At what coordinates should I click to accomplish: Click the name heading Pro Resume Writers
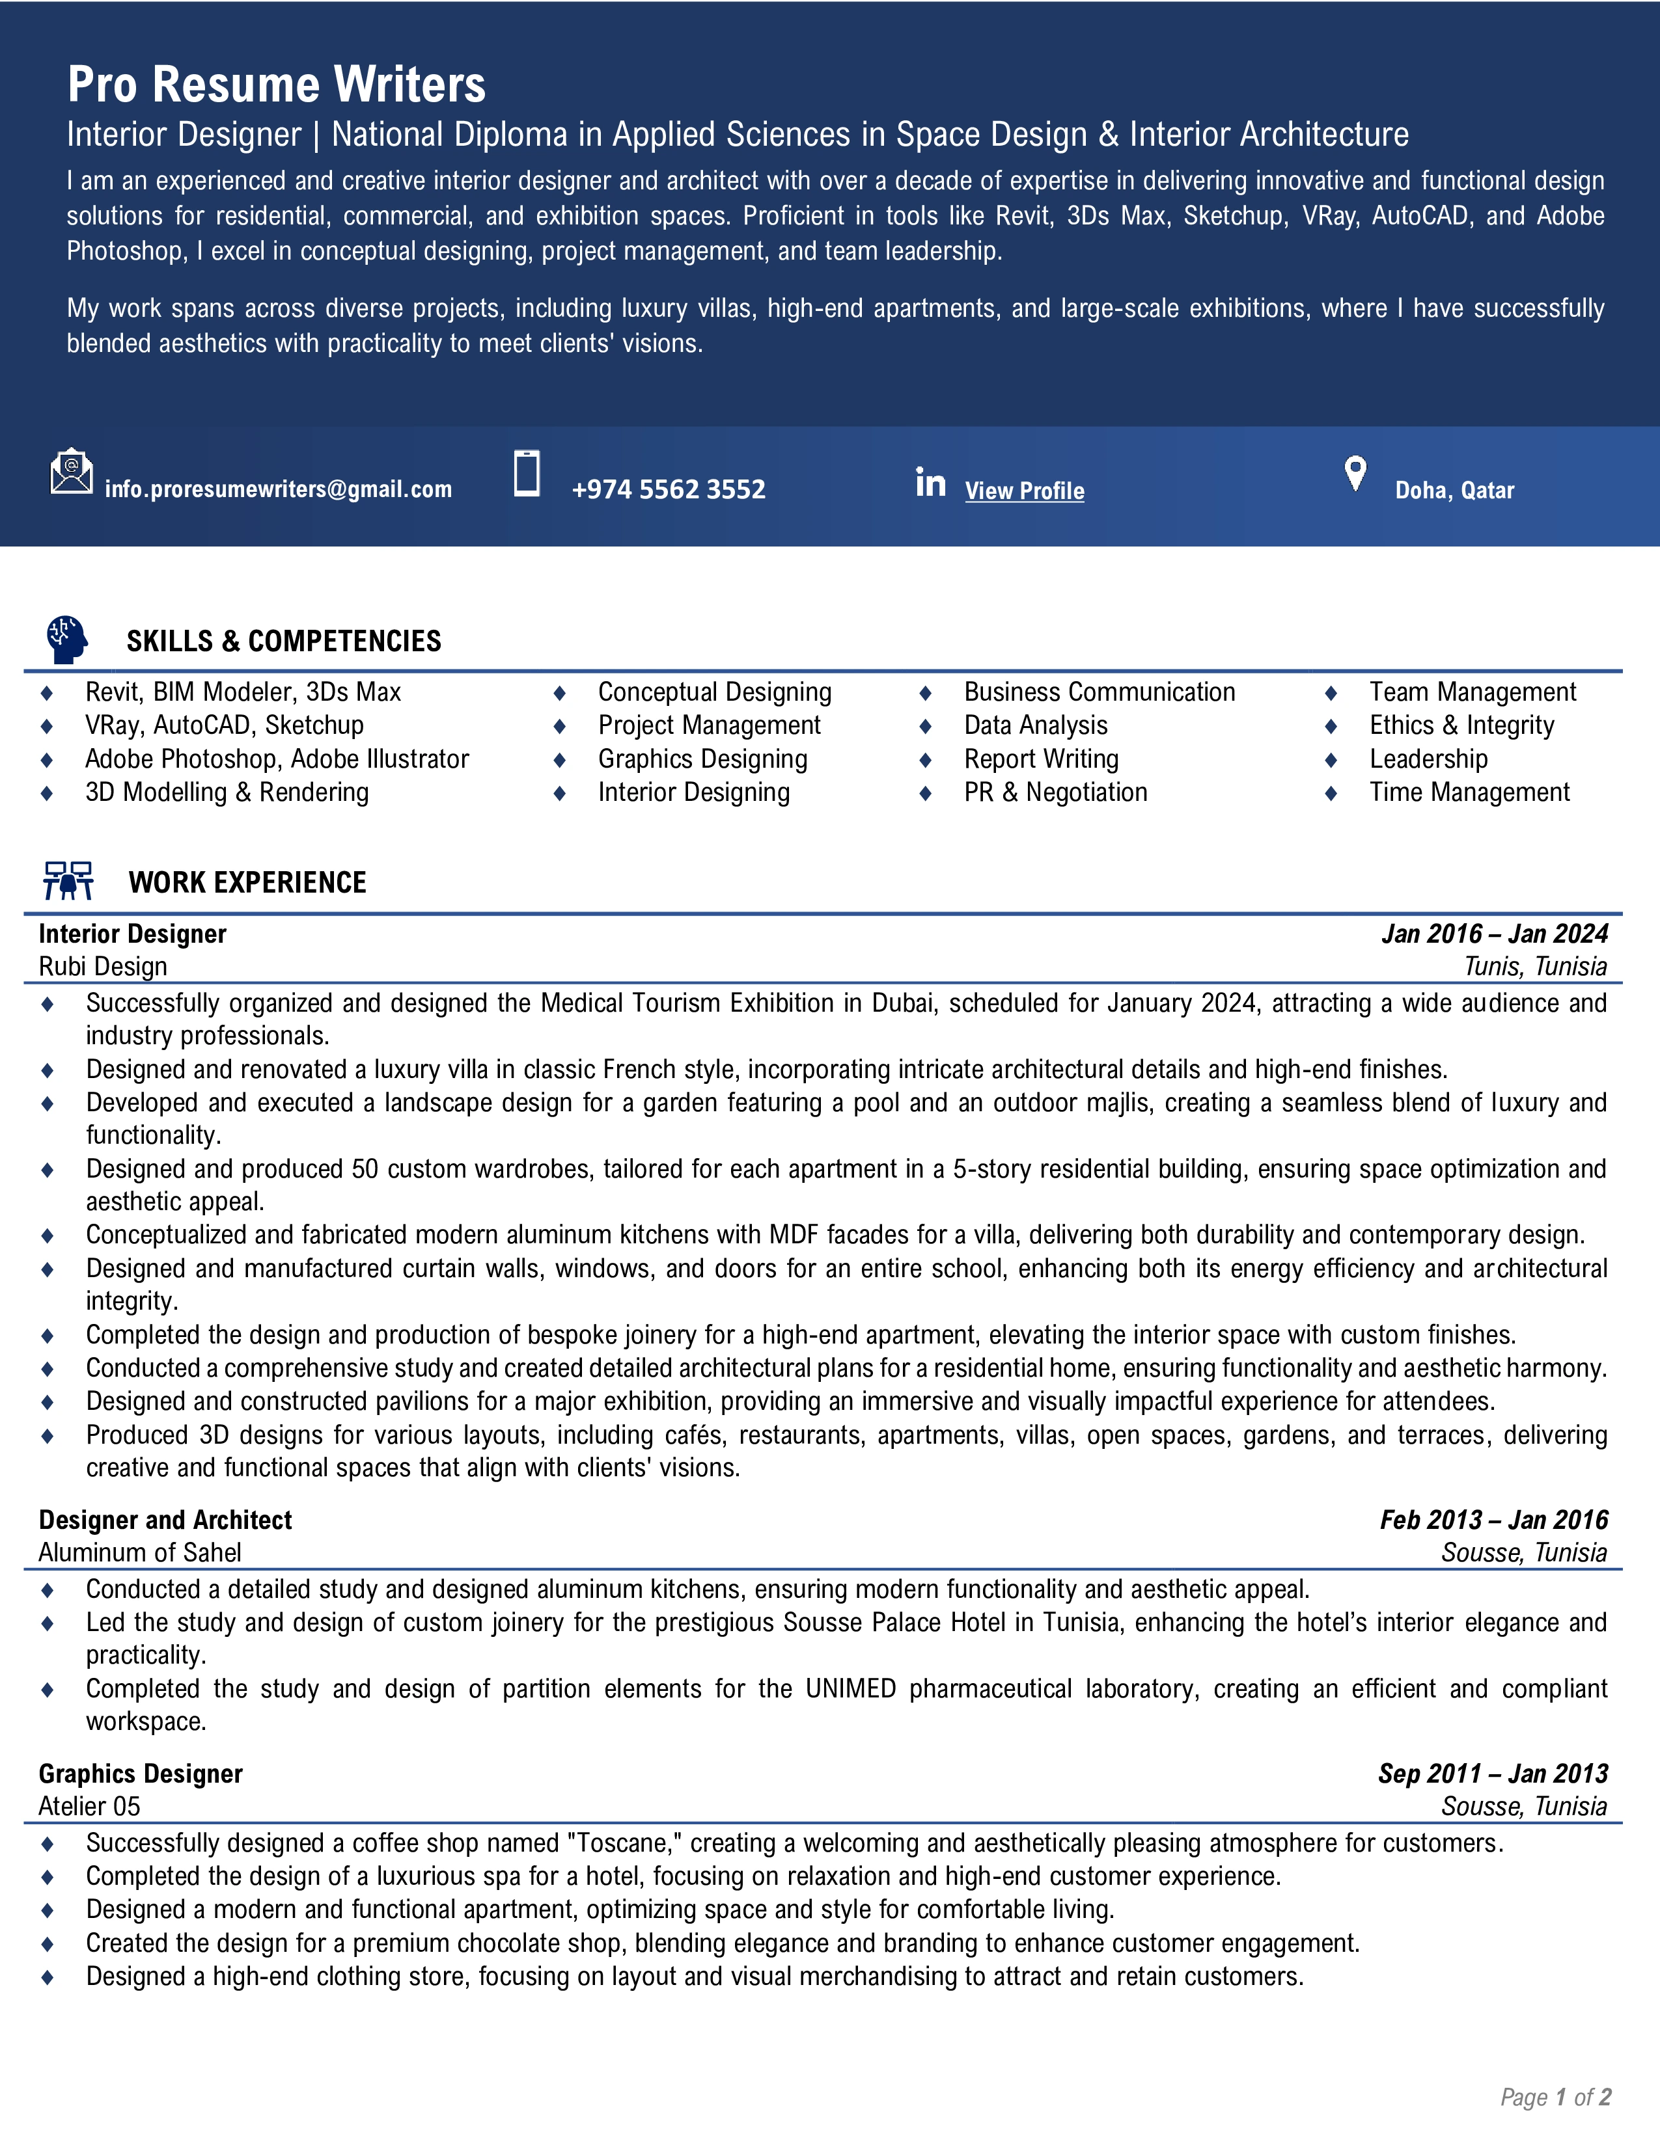(x=276, y=85)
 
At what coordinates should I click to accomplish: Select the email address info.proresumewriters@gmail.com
(x=279, y=489)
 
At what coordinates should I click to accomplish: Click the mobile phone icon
(x=527, y=473)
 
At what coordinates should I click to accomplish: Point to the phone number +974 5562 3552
(x=668, y=489)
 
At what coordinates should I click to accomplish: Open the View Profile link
(x=1024, y=491)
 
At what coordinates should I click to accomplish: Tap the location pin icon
(x=1355, y=474)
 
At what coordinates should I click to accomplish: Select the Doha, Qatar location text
(x=1454, y=491)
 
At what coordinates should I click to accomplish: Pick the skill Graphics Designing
(x=702, y=759)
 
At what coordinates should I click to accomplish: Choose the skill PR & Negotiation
(x=1055, y=792)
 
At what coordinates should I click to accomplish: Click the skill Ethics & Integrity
(x=1461, y=725)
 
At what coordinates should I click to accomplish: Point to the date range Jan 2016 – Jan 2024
(x=1494, y=934)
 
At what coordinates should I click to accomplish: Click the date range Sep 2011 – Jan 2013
(x=1492, y=1774)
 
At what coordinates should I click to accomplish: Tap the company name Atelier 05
(x=89, y=1806)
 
